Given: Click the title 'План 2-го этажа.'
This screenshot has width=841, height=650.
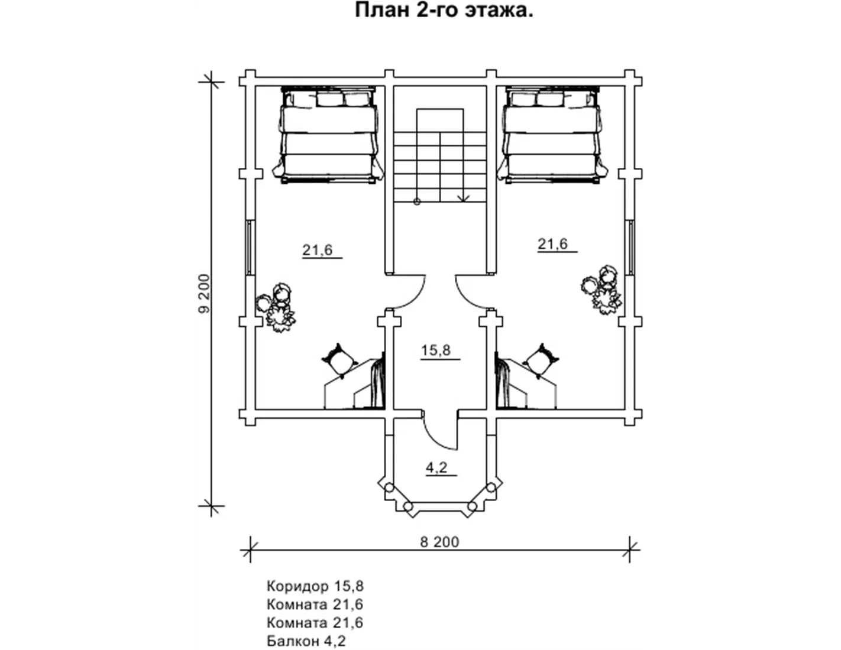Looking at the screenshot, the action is click(x=444, y=11).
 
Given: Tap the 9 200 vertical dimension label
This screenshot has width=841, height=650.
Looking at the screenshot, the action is click(x=204, y=294).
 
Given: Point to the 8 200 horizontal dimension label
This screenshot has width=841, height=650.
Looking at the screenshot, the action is click(x=439, y=542).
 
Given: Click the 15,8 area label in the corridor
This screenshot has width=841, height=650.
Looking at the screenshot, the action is click(x=436, y=350).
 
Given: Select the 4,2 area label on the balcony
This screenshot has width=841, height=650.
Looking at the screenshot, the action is click(x=436, y=468).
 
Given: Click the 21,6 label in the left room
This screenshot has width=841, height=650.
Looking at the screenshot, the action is click(x=318, y=250).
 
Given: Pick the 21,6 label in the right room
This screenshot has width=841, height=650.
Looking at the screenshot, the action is click(x=552, y=244).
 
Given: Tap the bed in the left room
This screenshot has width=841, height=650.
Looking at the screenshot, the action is click(x=328, y=135).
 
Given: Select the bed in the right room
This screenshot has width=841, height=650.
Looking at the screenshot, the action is click(x=552, y=135).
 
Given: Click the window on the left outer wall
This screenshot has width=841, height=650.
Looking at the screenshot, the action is click(x=251, y=248).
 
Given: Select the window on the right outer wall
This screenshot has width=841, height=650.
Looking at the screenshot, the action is click(x=630, y=248).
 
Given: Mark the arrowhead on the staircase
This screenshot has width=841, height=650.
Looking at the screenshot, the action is click(x=463, y=199).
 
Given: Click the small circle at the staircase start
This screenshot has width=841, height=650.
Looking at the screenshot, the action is click(x=417, y=201).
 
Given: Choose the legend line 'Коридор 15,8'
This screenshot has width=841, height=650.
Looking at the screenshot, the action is click(x=315, y=586).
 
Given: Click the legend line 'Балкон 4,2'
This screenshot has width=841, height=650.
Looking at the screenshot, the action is click(x=306, y=641).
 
